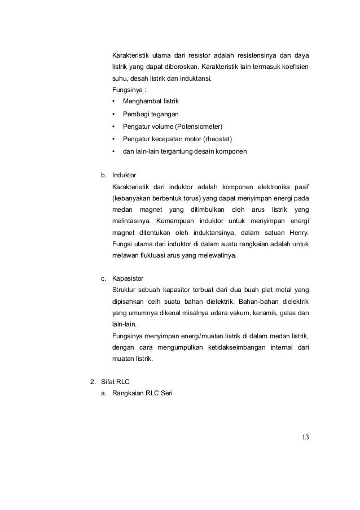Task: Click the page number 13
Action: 305,437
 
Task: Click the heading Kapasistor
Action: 128,279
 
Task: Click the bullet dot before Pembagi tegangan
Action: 114,114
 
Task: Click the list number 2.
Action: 94,382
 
